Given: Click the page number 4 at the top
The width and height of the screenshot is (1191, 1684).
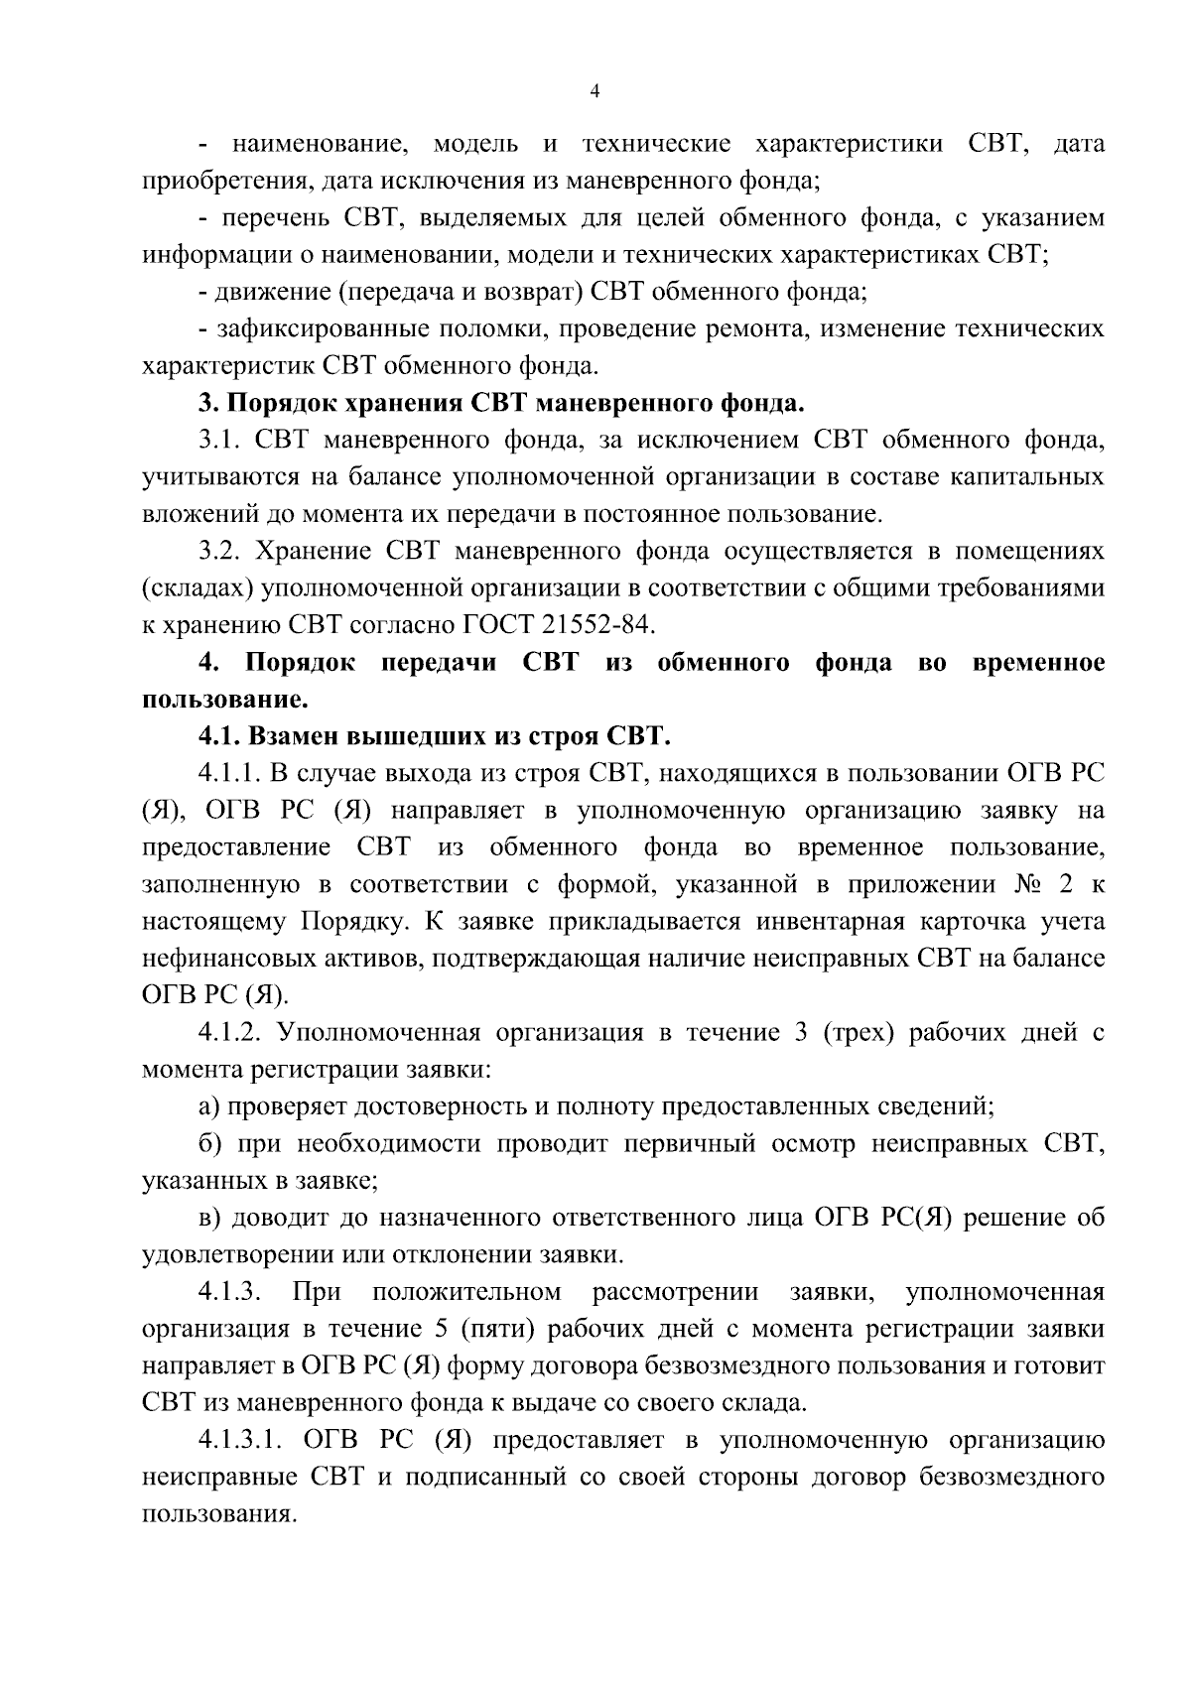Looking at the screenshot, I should (x=595, y=91).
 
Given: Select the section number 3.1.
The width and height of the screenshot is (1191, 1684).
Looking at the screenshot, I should (x=219, y=440).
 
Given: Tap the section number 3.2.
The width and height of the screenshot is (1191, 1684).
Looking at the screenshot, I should (x=220, y=551).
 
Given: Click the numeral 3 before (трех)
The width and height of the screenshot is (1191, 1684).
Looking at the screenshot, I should (x=801, y=1033).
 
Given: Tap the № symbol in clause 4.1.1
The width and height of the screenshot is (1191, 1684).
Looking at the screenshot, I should (x=1032, y=884).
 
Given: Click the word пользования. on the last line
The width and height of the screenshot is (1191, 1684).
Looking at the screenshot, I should (x=219, y=1515).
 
